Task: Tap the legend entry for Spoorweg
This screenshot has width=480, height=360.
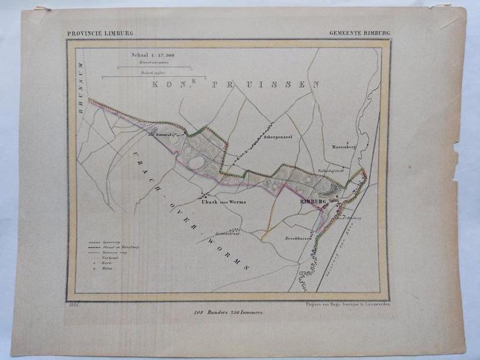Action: point(105,242)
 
